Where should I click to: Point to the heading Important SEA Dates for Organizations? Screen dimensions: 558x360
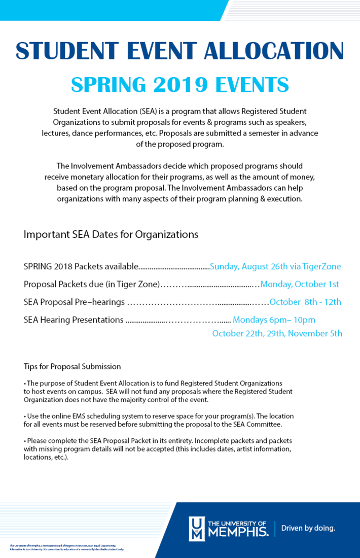(111, 235)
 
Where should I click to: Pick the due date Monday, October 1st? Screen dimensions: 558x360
(300, 284)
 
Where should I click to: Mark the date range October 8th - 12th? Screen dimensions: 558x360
(305, 302)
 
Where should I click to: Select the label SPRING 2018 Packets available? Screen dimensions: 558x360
(81, 266)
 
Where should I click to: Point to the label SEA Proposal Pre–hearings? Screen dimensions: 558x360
(74, 302)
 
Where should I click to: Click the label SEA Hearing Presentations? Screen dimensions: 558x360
(74, 320)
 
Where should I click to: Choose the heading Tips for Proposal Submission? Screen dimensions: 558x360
(72, 366)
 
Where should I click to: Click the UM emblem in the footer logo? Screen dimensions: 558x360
(197, 529)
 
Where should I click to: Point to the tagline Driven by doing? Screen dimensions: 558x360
(308, 528)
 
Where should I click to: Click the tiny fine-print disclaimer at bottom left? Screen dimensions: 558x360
(66, 547)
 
